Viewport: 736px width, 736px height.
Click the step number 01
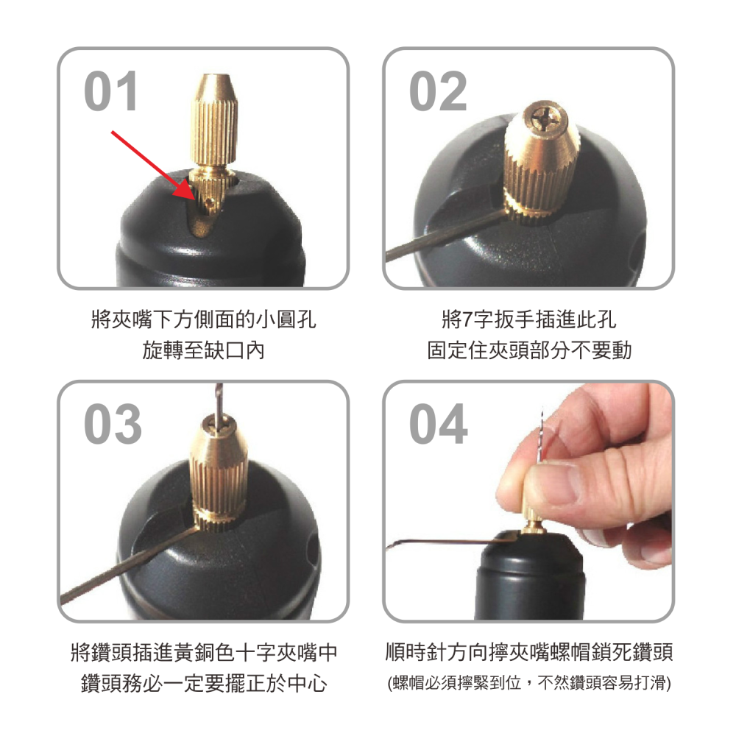point(111,92)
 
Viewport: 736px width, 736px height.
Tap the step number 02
point(438,92)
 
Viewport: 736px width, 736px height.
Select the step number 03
point(113,425)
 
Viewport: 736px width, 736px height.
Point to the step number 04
point(439,425)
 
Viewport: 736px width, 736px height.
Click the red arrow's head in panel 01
point(193,193)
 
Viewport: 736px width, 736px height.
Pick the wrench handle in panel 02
point(442,236)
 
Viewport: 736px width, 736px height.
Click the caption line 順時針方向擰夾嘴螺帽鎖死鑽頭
point(529,652)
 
